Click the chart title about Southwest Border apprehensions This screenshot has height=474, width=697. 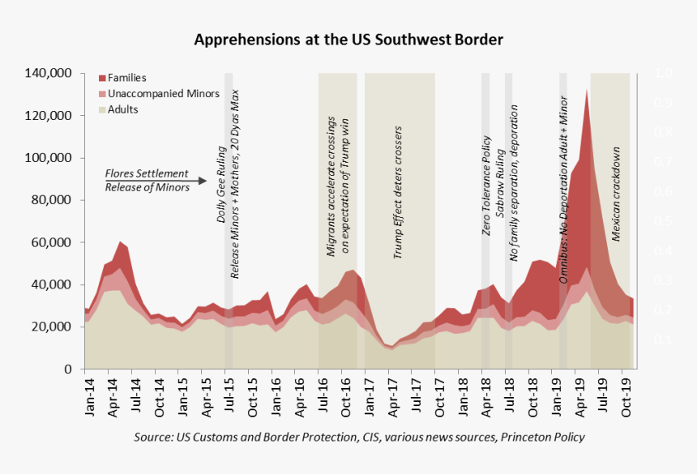(x=348, y=39)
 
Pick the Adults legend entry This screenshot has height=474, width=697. (x=122, y=109)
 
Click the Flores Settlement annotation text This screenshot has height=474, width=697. (x=147, y=174)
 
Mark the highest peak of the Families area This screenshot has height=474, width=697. (x=586, y=92)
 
